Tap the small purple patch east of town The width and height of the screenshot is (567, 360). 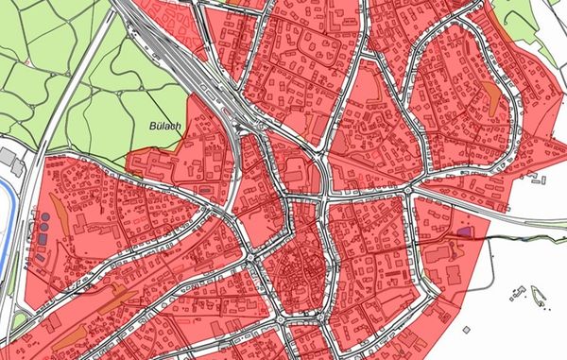pyautogui.click(x=464, y=230)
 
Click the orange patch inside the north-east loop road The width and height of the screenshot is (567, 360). pyautogui.click(x=490, y=94)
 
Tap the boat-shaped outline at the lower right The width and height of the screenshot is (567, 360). pyautogui.click(x=540, y=300)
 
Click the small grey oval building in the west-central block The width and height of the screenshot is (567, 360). pyautogui.click(x=204, y=189)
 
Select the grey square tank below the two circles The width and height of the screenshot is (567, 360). pyautogui.click(x=43, y=241)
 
